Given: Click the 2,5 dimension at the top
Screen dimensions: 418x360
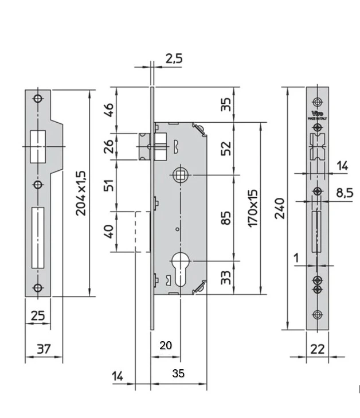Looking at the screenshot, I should pos(174,58).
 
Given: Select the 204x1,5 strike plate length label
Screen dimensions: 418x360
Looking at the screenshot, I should pos(81,193).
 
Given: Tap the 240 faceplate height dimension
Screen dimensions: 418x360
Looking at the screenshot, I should pos(279,209).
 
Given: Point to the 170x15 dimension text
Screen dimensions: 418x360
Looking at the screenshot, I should pos(252,208).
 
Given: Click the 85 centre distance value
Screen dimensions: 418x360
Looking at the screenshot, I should pos(226,217).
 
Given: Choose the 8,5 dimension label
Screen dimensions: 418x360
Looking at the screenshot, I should pos(344,193).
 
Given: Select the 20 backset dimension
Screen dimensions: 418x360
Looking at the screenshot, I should pos(166,345).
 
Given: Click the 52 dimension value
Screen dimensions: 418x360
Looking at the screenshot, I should pos(226,148).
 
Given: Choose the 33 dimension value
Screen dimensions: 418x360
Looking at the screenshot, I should pos(226,278).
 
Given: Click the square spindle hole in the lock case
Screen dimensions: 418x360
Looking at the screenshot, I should pos(179,173).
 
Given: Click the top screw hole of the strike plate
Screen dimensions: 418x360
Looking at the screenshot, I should pos(38,98).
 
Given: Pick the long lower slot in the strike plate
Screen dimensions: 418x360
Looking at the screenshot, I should pos(38,237).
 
